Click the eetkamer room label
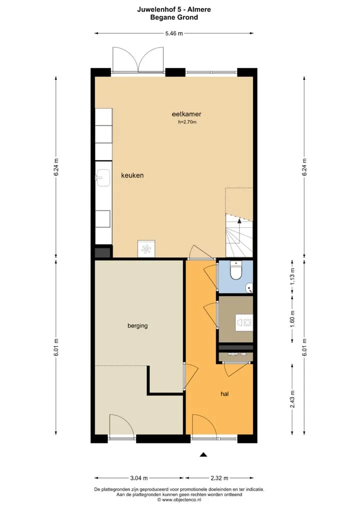pyautogui.click(x=186, y=114)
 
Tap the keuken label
pyautogui.click(x=132, y=175)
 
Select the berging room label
pyautogui.click(x=137, y=325)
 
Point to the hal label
pyautogui.click(x=224, y=394)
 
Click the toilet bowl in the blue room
pyautogui.click(x=235, y=270)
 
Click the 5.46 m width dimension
pyautogui.click(x=174, y=33)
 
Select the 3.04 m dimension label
pyautogui.click(x=139, y=478)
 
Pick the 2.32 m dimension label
pyautogui.click(x=219, y=478)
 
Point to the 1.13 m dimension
pyautogui.click(x=292, y=277)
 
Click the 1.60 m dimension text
pyautogui.click(x=292, y=319)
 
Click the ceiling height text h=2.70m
pyautogui.click(x=187, y=122)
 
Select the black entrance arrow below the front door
pyautogui.click(x=203, y=454)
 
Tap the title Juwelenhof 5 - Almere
pyautogui.click(x=174, y=9)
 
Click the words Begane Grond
pyautogui.click(x=174, y=17)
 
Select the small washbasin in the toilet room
pyautogui.click(x=249, y=287)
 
